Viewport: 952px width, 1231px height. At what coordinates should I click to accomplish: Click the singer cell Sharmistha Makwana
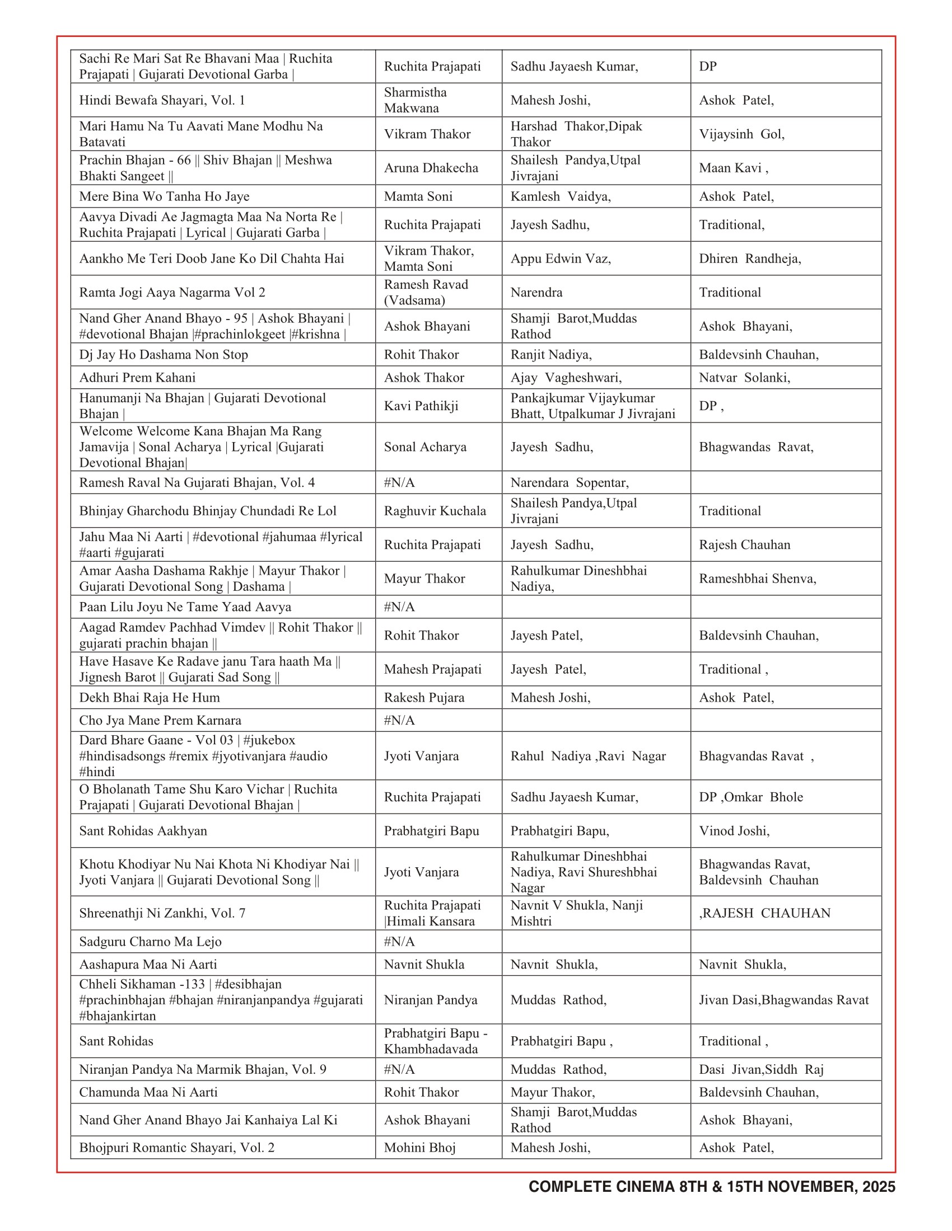[415, 100]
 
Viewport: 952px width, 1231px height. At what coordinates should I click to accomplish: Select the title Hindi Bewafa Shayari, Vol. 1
[162, 100]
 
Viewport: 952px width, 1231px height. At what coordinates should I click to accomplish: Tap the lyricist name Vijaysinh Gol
[741, 134]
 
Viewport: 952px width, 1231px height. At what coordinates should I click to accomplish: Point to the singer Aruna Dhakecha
[431, 168]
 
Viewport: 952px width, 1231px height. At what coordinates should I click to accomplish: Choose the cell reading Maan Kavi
[732, 168]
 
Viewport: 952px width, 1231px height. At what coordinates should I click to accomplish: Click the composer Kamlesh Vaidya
[560, 197]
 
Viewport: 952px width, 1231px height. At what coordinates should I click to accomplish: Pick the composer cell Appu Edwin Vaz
[560, 259]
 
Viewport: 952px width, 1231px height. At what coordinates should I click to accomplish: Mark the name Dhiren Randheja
[749, 259]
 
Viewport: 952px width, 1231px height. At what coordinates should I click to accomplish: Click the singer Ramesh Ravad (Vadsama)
[426, 293]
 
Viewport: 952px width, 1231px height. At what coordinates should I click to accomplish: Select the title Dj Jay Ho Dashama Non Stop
[164, 355]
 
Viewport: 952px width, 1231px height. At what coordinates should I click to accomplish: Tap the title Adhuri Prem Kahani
[137, 378]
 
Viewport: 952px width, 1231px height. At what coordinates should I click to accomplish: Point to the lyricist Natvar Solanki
[744, 378]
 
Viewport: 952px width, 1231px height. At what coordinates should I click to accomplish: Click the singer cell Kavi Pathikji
[421, 406]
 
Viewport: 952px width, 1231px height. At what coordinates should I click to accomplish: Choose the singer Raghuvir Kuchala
[435, 511]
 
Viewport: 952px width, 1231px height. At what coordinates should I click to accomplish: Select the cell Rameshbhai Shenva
[758, 579]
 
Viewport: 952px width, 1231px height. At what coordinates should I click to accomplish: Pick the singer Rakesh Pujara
[424, 698]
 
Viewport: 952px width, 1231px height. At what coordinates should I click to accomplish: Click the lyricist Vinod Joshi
[734, 831]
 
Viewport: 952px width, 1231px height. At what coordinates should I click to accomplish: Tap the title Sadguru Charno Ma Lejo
[150, 942]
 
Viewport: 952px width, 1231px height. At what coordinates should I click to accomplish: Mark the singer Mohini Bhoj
[419, 1148]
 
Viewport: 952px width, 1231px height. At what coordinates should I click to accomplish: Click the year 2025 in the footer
[878, 1187]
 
